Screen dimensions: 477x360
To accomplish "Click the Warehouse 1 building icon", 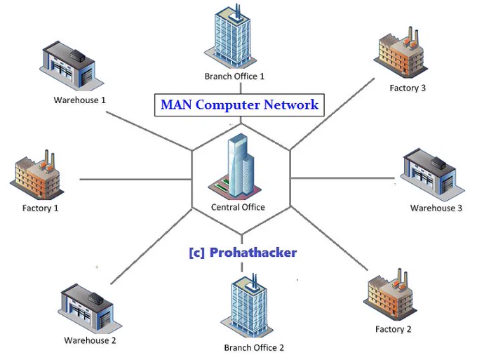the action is click(72, 66).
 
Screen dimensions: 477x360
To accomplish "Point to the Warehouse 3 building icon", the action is click(432, 173).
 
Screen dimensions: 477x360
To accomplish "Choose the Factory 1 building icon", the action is click(36, 174).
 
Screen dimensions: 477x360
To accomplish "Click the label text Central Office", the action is click(238, 207).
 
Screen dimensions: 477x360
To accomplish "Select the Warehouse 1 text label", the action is click(79, 100).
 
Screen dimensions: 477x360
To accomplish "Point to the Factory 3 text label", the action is click(408, 88).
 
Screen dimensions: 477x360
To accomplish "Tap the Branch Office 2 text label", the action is click(254, 347).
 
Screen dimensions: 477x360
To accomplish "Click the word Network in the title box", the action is click(291, 105).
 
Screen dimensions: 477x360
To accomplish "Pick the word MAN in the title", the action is click(176, 105).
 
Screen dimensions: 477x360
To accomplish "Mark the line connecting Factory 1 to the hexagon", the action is click(135, 179).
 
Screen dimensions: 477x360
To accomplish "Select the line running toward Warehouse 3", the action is click(343, 178).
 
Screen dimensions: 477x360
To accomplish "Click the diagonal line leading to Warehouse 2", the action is click(152, 246).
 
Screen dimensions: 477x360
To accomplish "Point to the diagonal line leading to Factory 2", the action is click(330, 238).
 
